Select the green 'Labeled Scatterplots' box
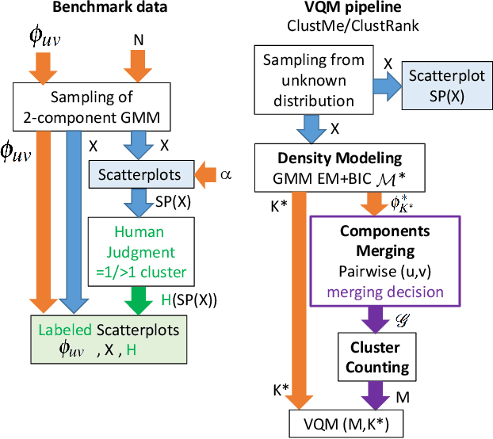click(x=104, y=339)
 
